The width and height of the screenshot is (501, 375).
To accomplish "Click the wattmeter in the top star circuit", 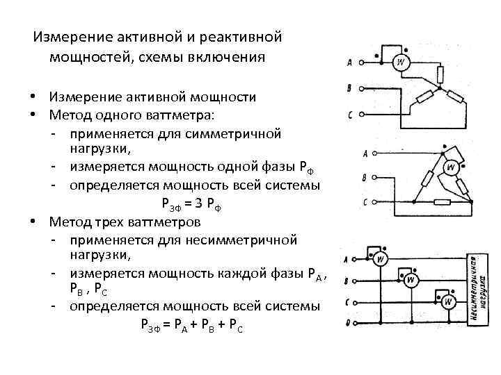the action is click(x=401, y=62).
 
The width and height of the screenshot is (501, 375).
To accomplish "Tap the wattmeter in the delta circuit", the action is click(x=451, y=167).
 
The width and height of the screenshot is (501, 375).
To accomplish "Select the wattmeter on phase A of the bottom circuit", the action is click(x=381, y=260).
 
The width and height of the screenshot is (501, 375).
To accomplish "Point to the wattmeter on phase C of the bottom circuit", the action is click(x=450, y=302).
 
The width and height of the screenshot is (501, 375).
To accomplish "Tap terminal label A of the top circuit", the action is click(x=349, y=63).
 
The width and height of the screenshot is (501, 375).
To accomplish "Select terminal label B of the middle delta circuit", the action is click(x=365, y=178).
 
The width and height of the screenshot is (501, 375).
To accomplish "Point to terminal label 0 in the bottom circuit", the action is click(x=347, y=324).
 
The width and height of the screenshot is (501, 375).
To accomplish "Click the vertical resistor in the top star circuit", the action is click(x=439, y=75).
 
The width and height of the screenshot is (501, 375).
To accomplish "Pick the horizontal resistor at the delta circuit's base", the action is click(x=443, y=203).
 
